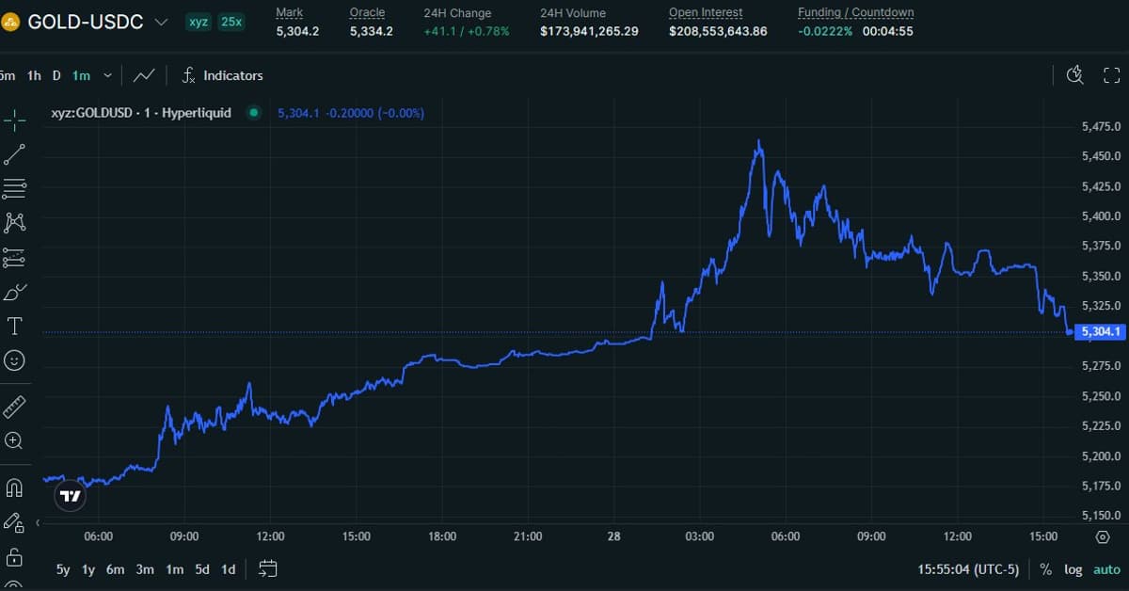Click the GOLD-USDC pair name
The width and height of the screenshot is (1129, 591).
pos(86,22)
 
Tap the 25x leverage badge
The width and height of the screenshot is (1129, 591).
pos(231,22)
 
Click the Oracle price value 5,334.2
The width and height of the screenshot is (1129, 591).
pos(371,31)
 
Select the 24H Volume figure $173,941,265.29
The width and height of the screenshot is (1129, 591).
pos(589,31)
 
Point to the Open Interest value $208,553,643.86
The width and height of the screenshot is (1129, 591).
pos(718,31)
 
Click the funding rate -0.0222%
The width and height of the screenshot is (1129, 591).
pos(825,31)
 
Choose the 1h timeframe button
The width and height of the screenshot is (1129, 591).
pos(34,75)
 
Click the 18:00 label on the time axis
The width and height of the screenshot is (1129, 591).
pos(442,536)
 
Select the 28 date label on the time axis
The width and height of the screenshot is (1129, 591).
pos(614,536)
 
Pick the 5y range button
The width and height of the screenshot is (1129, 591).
pos(63,569)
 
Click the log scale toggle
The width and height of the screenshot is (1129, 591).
pos(1073,569)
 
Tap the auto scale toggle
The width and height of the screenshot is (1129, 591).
pos(1106,569)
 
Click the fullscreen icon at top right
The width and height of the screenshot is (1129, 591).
pos(1111,75)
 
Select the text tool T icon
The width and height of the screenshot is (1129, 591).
pos(15,327)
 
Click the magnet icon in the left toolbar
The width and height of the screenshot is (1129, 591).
pos(14,487)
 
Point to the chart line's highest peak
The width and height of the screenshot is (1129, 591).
pos(759,141)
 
